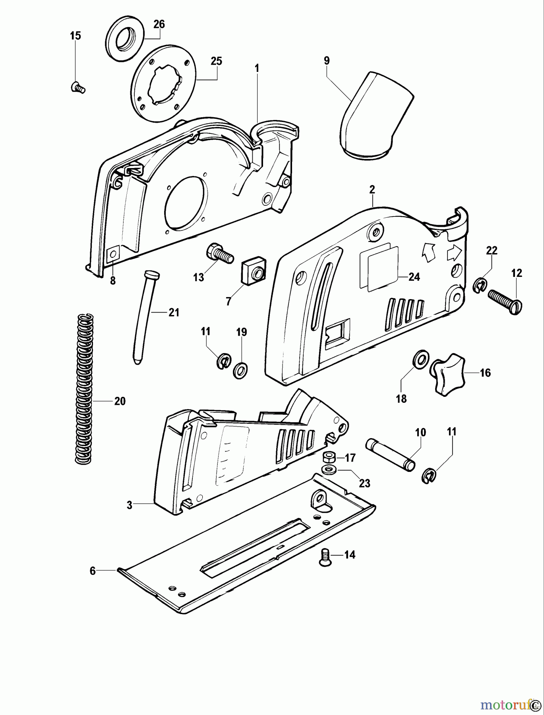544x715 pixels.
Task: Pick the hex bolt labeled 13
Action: [217, 253]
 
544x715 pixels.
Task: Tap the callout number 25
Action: [216, 61]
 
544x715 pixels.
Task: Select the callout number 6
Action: [93, 571]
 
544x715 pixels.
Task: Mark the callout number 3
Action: [130, 505]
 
